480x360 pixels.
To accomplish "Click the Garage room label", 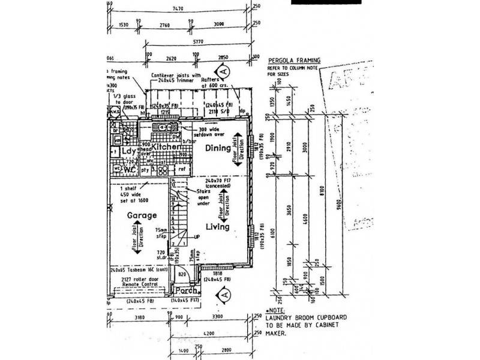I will [x=125, y=215].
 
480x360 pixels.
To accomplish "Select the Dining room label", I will [x=218, y=147].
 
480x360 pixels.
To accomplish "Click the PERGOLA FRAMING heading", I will [x=293, y=61].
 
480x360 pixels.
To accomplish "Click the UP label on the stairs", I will [x=196, y=238].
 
